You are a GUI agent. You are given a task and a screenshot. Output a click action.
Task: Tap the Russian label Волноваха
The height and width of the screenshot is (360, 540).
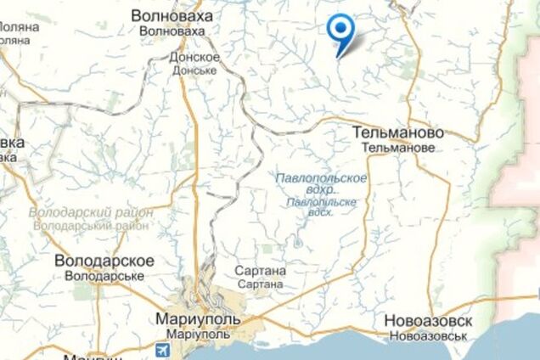point(172,16)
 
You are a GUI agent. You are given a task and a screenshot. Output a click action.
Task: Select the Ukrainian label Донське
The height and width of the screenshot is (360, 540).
point(195,70)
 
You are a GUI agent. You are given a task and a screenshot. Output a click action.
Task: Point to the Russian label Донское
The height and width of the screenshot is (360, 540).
point(195,58)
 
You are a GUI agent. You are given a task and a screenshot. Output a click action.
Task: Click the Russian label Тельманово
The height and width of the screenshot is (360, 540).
point(397,133)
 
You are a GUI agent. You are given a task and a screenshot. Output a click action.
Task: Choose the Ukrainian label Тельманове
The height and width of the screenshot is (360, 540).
point(397,148)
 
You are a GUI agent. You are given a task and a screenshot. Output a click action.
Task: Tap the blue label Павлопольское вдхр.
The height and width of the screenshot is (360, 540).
point(322,183)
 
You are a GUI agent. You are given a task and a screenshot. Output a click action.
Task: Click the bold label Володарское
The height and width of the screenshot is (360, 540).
point(104,261)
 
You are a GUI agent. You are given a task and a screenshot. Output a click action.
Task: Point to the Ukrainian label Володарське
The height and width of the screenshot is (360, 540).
point(104,276)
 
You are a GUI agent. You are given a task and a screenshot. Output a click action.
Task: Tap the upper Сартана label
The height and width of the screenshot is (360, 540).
point(260,270)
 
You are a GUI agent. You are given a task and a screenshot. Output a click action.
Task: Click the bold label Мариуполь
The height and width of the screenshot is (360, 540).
point(198,320)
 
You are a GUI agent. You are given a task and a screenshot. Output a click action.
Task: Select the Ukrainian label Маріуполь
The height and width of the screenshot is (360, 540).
point(198,335)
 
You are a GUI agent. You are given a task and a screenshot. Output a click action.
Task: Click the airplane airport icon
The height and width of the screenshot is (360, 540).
point(164,349)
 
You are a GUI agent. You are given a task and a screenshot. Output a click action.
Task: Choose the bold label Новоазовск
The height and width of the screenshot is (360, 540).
point(428,321)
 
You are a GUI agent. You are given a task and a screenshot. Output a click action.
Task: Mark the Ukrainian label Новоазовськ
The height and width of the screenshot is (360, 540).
point(428,336)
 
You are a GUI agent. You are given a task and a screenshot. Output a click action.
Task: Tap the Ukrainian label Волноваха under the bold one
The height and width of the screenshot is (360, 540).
point(172,31)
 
